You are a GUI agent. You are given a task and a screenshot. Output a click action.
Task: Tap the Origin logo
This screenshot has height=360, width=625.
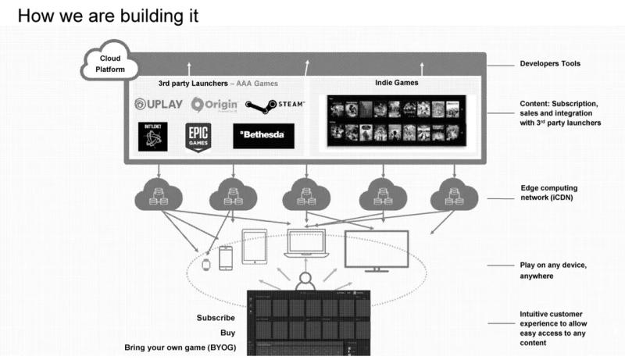pyautogui.click(x=209, y=105)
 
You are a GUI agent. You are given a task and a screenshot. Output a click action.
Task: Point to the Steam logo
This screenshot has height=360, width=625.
pyautogui.click(x=275, y=105)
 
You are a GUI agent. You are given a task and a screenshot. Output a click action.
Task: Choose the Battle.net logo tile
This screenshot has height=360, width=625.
pyautogui.click(x=153, y=136)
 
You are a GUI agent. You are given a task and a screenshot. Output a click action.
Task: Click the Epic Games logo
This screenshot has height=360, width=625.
pyautogui.click(x=198, y=137)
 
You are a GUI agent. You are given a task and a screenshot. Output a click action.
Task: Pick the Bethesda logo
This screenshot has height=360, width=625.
pyautogui.click(x=263, y=136)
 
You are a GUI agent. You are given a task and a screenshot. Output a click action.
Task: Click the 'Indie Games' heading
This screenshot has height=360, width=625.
pyautogui.click(x=397, y=81)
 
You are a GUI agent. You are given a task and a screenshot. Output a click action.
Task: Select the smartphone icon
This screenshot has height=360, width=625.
pyautogui.click(x=225, y=258)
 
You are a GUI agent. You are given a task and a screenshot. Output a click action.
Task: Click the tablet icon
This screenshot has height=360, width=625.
pyautogui.click(x=255, y=248)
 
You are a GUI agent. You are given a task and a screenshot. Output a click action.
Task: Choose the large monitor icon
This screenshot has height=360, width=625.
pyautogui.click(x=377, y=251)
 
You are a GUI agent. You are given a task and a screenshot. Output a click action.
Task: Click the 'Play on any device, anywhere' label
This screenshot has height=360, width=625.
pyautogui.click(x=553, y=270)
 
